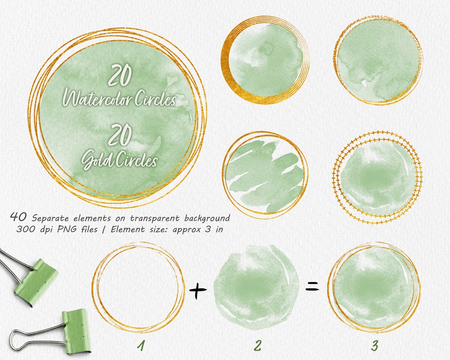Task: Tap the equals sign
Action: point(312,286)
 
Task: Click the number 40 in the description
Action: point(19,217)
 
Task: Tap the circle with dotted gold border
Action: point(378,175)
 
